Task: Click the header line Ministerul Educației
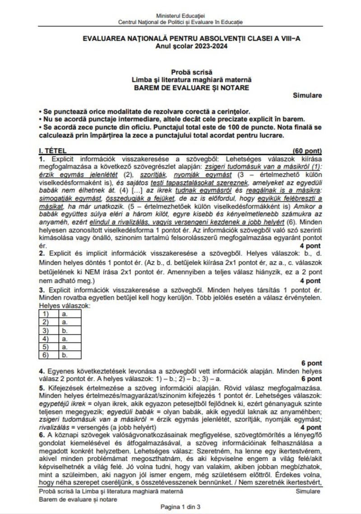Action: click(x=180, y=16)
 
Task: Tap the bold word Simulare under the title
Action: click(x=307, y=95)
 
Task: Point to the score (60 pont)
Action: click(x=306, y=151)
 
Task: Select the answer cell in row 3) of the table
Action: click(x=65, y=330)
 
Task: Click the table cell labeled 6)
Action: click(x=46, y=355)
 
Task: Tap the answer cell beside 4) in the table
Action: click(x=65, y=339)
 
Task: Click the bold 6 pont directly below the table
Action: click(x=311, y=363)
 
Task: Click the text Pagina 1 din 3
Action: click(x=180, y=507)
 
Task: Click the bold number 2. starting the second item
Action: click(x=42, y=254)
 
